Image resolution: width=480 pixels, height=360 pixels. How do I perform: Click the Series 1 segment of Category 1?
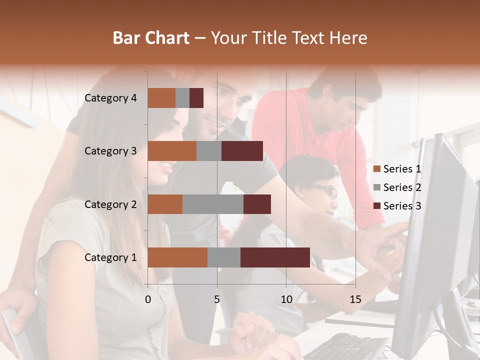[177, 257]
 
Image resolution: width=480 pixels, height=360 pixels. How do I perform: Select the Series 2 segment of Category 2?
[213, 204]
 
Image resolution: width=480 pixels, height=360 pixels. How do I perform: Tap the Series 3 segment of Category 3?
[242, 151]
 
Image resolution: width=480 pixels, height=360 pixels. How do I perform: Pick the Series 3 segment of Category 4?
[196, 98]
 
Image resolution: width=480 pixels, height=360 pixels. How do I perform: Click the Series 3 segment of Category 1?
[275, 257]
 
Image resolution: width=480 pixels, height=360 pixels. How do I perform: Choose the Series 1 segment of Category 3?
[172, 151]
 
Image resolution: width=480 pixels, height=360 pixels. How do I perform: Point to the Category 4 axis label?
[110, 98]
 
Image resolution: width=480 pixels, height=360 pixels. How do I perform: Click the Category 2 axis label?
[110, 204]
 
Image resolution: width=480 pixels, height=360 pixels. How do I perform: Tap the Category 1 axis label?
[110, 257]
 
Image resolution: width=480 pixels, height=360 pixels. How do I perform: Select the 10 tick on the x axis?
[286, 299]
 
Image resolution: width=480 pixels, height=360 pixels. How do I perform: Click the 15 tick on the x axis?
[355, 299]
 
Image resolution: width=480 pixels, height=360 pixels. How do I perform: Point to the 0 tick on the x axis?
[148, 299]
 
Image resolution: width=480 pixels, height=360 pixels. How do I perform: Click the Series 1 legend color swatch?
[376, 169]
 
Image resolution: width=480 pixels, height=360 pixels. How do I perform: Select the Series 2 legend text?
[402, 187]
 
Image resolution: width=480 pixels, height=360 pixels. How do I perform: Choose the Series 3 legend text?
[402, 206]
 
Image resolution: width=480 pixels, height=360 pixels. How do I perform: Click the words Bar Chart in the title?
[151, 38]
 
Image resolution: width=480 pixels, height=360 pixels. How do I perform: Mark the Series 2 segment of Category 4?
[182, 98]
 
